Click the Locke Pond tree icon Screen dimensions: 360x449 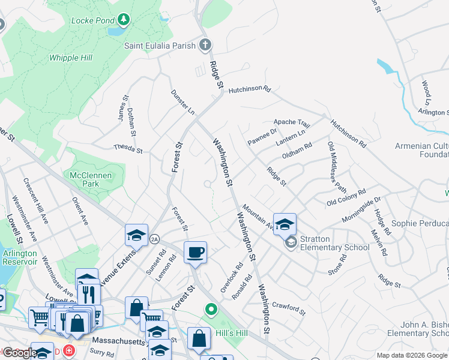click(124, 20)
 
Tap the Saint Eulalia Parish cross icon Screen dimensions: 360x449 click(205, 45)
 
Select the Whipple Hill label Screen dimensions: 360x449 click(73, 58)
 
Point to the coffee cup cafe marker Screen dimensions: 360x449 click(195, 252)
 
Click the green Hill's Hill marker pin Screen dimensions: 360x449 click(211, 310)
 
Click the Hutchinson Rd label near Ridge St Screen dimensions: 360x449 click(249, 89)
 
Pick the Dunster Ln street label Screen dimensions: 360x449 click(182, 102)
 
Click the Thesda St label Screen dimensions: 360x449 click(128, 149)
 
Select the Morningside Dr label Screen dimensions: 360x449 click(361, 208)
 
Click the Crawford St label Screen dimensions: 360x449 click(289, 309)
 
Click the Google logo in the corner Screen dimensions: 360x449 click(19, 353)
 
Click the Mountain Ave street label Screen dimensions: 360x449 click(258, 217)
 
